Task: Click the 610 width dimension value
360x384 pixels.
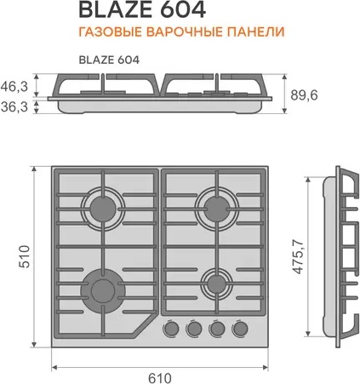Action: point(160,378)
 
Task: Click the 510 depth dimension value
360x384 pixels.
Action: point(25,256)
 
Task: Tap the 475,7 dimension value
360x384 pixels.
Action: point(298,257)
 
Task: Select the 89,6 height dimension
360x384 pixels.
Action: point(304,95)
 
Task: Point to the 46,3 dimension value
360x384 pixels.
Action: point(14,86)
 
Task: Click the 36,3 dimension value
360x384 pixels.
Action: point(14,106)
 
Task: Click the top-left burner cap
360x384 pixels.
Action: point(103,209)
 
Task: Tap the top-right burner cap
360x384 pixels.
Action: point(217,209)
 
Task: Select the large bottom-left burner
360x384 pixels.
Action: point(103,290)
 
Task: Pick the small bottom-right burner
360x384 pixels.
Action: point(217,284)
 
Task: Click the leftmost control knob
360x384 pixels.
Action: point(171,329)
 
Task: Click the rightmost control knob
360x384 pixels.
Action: point(240,329)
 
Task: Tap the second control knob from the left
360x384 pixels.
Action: point(194,329)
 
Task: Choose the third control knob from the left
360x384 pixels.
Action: point(217,329)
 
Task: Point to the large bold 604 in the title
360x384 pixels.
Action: point(183,10)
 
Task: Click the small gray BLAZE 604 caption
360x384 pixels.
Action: point(109,60)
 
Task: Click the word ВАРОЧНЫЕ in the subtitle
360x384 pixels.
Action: point(184,32)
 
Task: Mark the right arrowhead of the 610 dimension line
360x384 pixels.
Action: point(266,368)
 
